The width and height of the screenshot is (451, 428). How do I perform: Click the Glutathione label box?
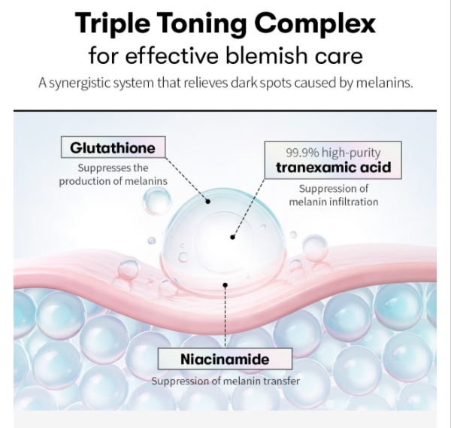click(x=113, y=147)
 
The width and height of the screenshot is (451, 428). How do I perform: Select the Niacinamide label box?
click(x=225, y=359)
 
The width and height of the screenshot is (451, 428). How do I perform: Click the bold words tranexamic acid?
click(x=333, y=167)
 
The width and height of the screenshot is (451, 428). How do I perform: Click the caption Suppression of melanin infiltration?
click(x=333, y=196)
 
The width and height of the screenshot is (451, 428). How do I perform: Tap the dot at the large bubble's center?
click(x=233, y=236)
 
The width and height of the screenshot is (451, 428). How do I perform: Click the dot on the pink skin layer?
click(x=225, y=284)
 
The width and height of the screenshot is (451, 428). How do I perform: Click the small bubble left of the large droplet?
click(x=156, y=201)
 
